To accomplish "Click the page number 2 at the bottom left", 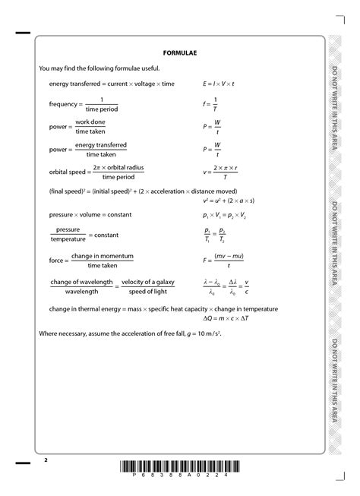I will [x=45, y=460].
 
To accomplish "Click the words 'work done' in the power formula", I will [x=90, y=122].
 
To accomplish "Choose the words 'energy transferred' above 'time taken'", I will [x=90, y=144].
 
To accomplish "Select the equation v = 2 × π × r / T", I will [x=221, y=172].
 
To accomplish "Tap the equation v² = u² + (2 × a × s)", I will [x=229, y=201].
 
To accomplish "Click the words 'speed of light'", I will [x=148, y=291].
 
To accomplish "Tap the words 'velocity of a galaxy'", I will [x=148, y=282].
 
